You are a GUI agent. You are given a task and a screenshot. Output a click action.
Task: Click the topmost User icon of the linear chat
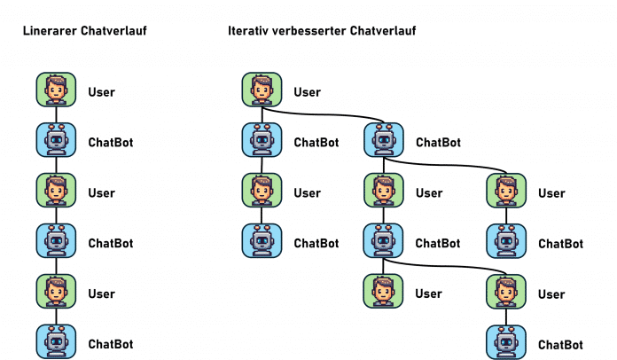55,90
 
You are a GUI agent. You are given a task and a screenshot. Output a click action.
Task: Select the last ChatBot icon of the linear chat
55,342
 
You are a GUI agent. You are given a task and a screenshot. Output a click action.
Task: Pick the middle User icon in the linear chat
55,192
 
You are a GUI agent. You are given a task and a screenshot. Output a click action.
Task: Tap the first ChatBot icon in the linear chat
55,141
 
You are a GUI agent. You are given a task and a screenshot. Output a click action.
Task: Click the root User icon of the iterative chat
262,90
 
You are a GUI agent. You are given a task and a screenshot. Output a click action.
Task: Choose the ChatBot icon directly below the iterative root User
262,141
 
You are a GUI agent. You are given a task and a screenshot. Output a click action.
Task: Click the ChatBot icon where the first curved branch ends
383,141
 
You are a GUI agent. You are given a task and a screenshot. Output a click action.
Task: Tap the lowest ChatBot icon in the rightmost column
506,342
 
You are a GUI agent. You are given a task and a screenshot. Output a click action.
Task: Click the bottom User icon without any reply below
383,292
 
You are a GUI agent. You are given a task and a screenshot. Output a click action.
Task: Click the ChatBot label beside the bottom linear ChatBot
110,344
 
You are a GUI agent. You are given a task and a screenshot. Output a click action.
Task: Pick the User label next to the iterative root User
307,92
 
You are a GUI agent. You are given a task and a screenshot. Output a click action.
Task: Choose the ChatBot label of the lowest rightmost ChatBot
560,344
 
